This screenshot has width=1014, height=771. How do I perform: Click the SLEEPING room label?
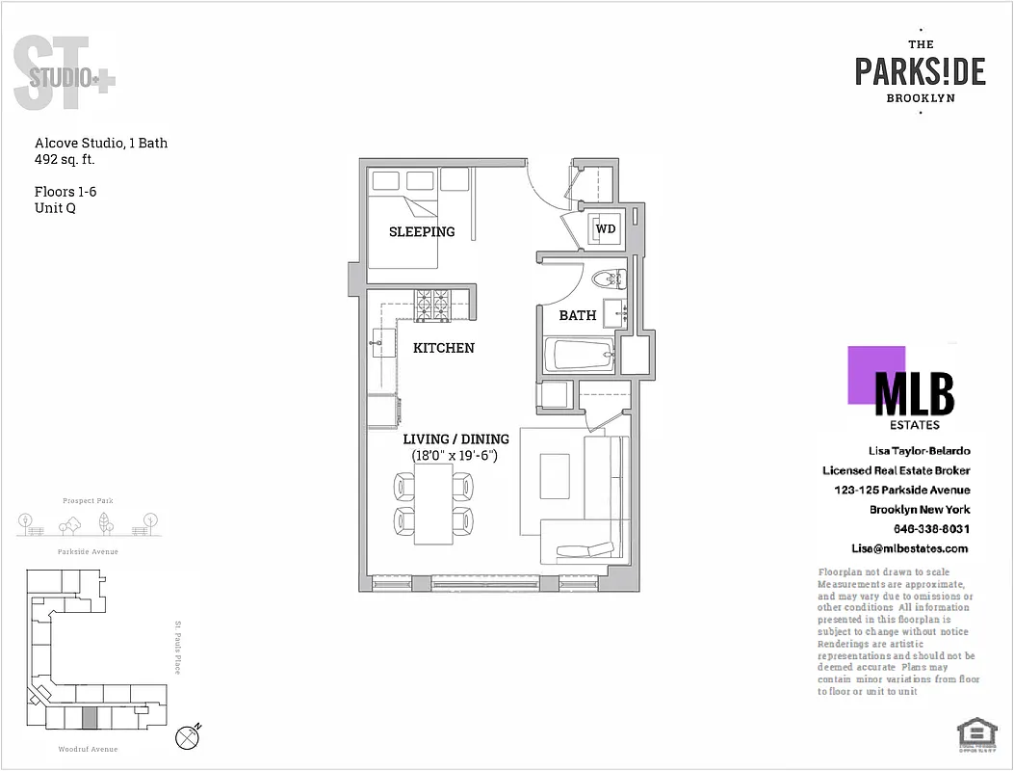tap(422, 231)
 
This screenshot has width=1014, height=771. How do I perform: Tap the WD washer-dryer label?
tap(606, 229)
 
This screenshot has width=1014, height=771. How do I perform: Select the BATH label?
tap(578, 315)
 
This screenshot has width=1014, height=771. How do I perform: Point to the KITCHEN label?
tap(444, 348)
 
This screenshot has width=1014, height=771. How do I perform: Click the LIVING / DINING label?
tap(455, 439)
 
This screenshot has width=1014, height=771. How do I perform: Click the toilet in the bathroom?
tap(610, 280)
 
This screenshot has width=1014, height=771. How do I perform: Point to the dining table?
tap(433, 504)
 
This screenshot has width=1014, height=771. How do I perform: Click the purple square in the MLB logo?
tap(875, 375)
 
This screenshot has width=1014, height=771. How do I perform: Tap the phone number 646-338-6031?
tap(931, 529)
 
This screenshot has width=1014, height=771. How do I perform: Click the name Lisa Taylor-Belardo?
tap(919, 451)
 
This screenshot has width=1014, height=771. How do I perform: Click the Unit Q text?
tap(55, 207)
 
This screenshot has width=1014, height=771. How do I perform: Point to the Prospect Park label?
tap(89, 501)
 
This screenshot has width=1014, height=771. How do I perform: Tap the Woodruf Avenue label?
tap(88, 749)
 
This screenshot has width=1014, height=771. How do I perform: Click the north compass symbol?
tap(189, 737)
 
